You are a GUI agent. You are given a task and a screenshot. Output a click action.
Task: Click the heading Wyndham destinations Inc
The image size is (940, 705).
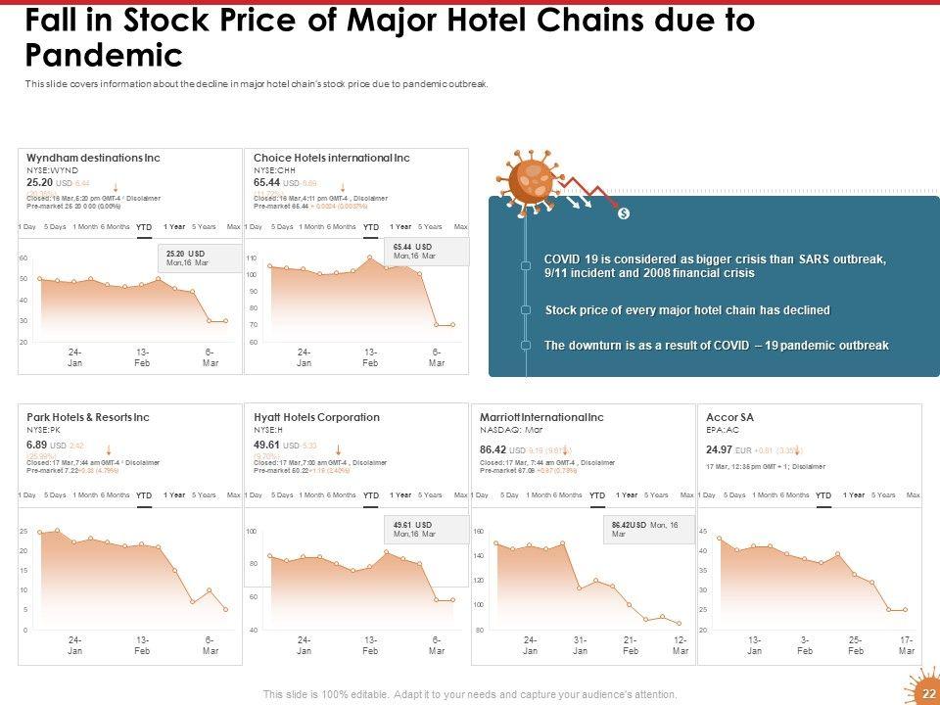click(93, 158)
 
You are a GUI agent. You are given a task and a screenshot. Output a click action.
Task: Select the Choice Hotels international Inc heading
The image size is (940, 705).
click(331, 158)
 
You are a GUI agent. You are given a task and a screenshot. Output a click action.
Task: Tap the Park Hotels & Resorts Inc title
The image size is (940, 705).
click(88, 417)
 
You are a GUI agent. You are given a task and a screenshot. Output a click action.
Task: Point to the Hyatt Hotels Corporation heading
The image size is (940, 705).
click(316, 417)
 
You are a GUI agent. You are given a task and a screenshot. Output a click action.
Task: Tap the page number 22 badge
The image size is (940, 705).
click(929, 693)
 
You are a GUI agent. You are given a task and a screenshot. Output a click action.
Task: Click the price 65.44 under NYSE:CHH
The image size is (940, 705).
click(266, 182)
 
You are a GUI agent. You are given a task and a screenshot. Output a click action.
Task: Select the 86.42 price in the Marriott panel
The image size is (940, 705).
click(493, 450)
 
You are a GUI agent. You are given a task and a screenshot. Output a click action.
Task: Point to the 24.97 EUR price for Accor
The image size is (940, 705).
click(720, 450)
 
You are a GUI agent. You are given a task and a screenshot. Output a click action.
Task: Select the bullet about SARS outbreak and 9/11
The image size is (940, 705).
click(715, 265)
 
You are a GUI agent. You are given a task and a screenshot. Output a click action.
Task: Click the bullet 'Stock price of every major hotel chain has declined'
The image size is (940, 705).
click(686, 310)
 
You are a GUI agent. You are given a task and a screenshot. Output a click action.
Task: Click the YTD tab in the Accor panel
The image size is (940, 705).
click(823, 495)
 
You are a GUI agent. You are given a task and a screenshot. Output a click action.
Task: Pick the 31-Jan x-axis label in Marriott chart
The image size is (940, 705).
click(580, 646)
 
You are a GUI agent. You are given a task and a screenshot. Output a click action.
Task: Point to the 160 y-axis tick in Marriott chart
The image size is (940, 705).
click(480, 532)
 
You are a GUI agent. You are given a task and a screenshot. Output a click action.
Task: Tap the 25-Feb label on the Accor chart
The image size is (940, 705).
click(856, 646)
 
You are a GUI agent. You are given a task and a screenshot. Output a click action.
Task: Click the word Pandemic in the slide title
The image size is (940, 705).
click(105, 54)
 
